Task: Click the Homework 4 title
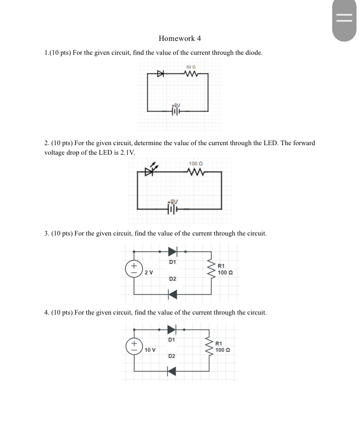pyautogui.click(x=180, y=38)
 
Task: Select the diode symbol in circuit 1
pyautogui.click(x=160, y=74)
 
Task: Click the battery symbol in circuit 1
pyautogui.click(x=175, y=111)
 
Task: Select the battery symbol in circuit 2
pyautogui.click(x=173, y=209)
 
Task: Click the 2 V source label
pyautogui.click(x=149, y=272)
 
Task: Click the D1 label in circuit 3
pyautogui.click(x=173, y=262)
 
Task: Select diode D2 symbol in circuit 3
pyautogui.click(x=173, y=295)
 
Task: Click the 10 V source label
pyautogui.click(x=150, y=350)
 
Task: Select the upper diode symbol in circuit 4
pyautogui.click(x=172, y=328)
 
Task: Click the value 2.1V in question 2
pyautogui.click(x=126, y=153)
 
